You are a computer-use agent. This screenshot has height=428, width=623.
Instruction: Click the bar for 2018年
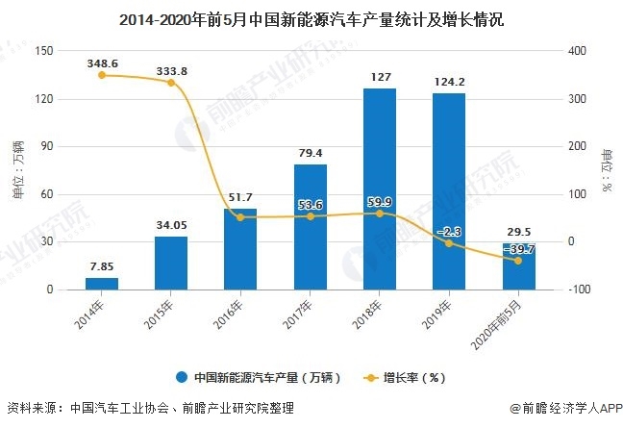379,189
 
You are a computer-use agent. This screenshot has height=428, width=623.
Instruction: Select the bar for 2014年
101,283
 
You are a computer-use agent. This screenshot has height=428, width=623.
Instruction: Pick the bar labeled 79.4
310,226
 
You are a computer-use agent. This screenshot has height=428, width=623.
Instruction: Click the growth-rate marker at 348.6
101,75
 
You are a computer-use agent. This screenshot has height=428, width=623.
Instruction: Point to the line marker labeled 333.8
171,83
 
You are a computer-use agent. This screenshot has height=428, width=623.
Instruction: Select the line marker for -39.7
518,261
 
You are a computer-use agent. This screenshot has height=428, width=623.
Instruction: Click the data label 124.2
448,81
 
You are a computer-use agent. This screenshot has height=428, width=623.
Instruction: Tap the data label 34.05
171,225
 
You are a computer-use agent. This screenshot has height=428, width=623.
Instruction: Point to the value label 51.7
240,197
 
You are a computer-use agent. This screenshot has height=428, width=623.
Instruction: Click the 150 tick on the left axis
41,51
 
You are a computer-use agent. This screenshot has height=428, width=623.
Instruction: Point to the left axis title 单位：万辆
16,170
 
